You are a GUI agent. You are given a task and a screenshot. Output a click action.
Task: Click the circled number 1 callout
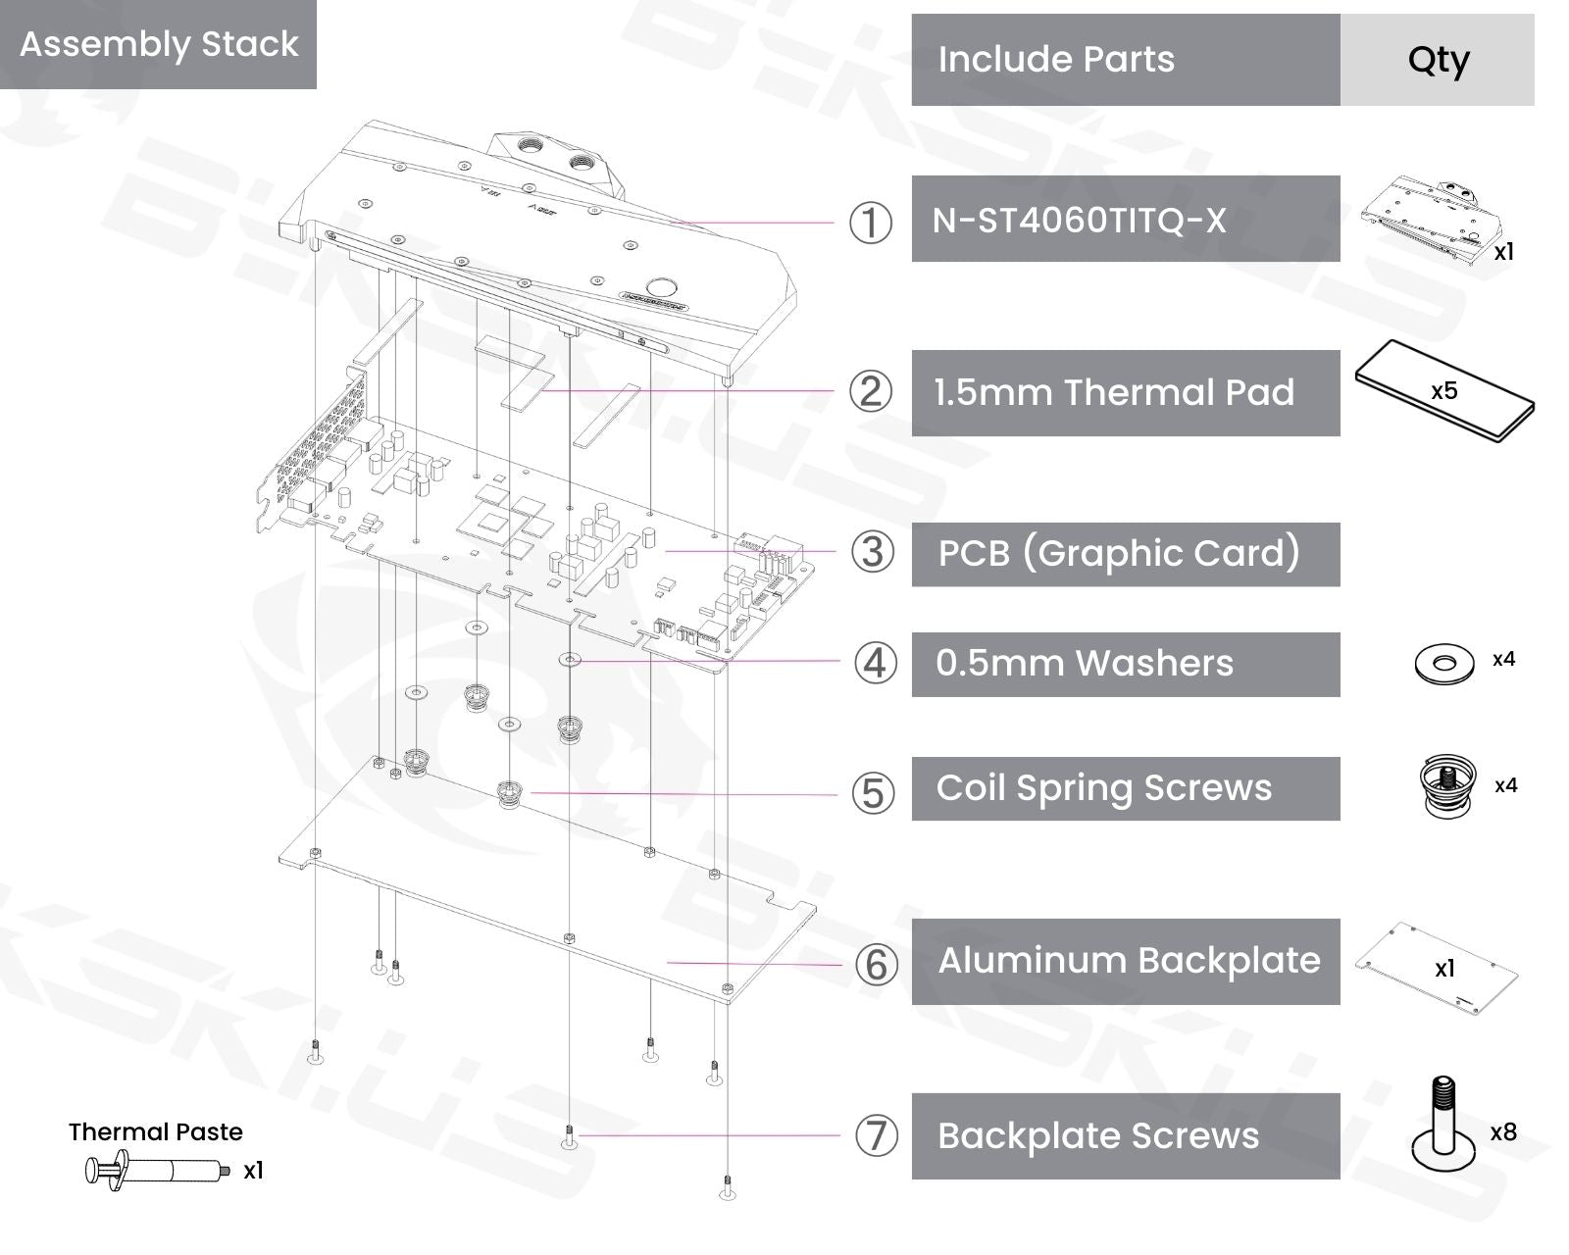870,223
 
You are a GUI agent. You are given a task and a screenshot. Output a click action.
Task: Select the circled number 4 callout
875,663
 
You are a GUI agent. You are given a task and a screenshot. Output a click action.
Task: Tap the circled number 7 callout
876,1135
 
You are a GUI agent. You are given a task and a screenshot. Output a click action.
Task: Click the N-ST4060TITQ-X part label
1079,220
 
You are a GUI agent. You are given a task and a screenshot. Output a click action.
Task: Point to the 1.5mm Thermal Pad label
1114,392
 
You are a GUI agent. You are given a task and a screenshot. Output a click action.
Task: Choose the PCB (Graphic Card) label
1119,553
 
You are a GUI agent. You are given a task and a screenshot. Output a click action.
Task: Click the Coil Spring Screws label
1104,788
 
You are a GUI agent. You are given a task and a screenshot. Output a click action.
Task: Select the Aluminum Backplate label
1129,961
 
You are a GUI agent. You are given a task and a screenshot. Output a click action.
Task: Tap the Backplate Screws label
1097,1135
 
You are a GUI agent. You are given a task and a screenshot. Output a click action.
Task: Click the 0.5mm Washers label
1085,664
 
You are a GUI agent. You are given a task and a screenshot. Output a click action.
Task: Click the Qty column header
1438,60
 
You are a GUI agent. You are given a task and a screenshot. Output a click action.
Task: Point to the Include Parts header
1056,60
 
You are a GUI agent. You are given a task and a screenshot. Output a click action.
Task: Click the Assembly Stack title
159,44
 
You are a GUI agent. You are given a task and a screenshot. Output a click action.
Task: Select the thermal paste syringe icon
157,1171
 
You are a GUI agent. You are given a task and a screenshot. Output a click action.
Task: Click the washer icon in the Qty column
1443,664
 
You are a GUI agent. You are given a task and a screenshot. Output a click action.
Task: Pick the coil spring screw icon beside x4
1447,784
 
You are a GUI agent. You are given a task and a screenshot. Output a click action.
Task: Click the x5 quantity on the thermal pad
1443,390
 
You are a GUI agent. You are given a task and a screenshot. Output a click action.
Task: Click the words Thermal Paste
155,1132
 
